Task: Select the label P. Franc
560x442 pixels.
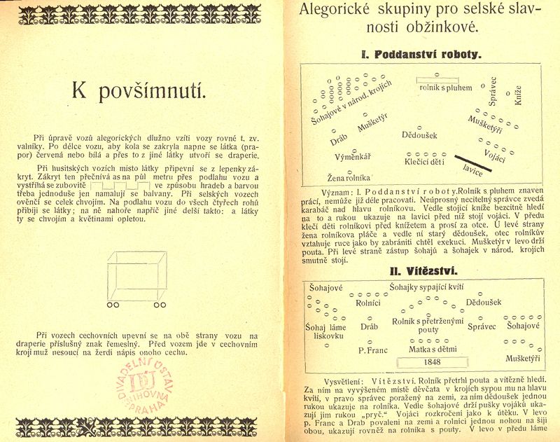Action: [x=373, y=350]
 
